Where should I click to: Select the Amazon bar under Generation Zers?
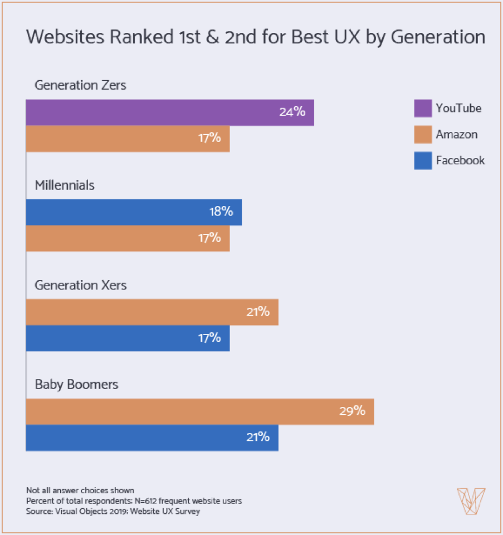pos(128,139)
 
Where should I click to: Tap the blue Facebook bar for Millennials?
pos(134,212)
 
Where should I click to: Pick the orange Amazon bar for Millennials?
pos(128,238)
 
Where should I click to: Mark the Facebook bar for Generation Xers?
pos(128,338)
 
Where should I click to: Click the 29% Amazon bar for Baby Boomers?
pos(200,411)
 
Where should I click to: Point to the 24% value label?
pos(292,112)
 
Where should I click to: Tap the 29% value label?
pos(352,411)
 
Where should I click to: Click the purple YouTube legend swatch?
pos(423,109)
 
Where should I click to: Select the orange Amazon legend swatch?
pos(423,135)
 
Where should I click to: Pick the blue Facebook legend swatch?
pos(423,161)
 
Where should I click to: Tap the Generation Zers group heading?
pos(80,86)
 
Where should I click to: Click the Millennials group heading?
pos(65,185)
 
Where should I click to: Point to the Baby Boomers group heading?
pos(76,385)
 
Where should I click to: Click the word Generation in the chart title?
pos(437,37)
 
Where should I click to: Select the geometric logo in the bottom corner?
pos(471,501)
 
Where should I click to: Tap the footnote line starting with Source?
pos(113,512)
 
